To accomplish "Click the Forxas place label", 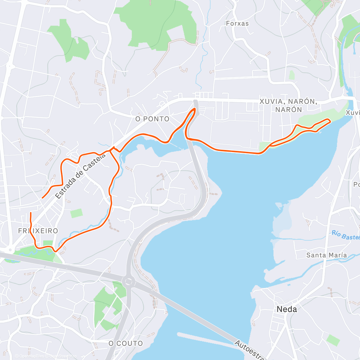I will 237,23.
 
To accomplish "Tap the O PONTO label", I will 152,119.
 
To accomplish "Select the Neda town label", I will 287,309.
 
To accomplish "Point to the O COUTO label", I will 126,343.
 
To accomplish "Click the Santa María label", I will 326,255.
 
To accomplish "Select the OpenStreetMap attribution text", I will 63,356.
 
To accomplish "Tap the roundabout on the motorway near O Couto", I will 128,281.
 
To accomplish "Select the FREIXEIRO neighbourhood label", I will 38,231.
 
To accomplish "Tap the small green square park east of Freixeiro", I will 76,213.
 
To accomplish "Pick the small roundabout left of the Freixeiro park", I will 10,249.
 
